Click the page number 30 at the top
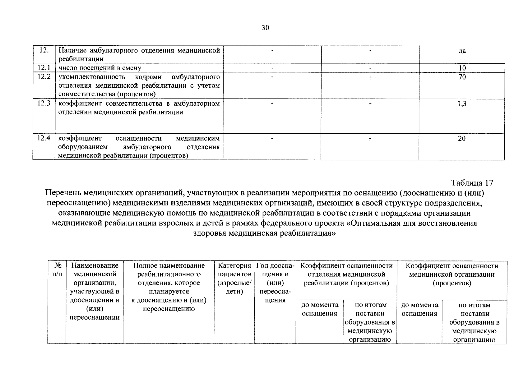265,28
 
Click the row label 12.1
44,68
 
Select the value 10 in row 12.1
462,68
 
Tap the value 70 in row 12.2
462,77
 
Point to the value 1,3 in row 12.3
462,104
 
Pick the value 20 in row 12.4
462,139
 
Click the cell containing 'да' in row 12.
462,51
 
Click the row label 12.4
44,138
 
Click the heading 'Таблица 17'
472,182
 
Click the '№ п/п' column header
57,270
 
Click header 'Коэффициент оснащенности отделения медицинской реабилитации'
346,274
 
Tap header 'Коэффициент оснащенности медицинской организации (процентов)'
452,274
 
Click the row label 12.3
44,104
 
